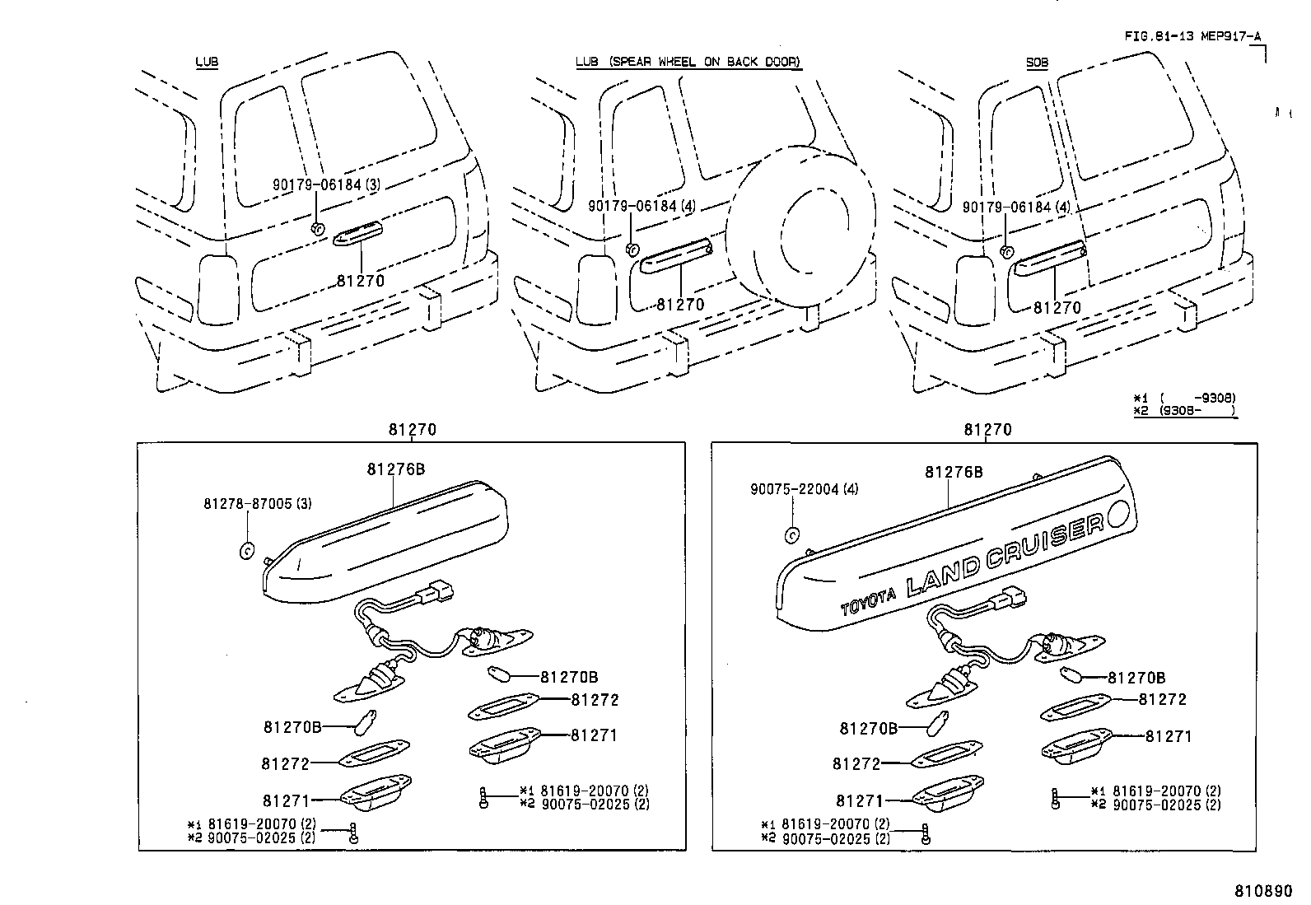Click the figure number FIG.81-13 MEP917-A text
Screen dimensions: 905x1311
[1192, 35]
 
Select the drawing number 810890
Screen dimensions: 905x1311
[1263, 891]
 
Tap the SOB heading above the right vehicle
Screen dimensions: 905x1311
[1037, 62]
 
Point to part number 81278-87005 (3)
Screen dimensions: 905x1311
[258, 502]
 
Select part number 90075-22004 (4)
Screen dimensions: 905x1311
[804, 488]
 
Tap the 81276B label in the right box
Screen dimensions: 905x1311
[954, 472]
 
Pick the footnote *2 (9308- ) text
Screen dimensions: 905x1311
[1184, 410]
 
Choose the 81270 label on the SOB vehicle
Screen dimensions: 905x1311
[1057, 308]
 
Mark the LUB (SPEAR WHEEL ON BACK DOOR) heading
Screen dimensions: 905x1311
[688, 62]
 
